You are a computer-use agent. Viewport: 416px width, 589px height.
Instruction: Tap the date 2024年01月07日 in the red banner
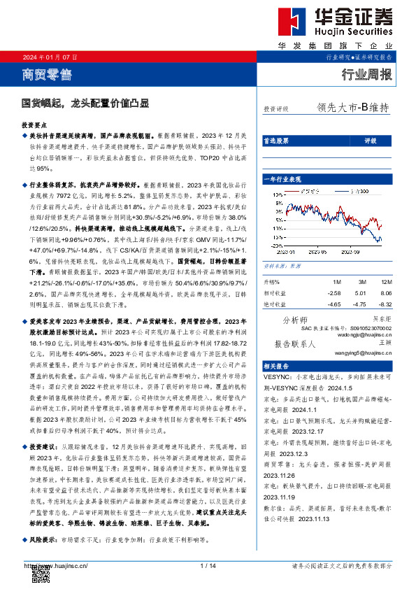coord(50,57)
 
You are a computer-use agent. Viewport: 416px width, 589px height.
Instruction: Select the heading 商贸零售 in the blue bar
coord(47,73)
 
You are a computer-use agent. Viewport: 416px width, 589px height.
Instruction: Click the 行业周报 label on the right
coord(366,74)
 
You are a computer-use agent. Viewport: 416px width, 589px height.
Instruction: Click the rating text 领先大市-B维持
coord(352,108)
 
